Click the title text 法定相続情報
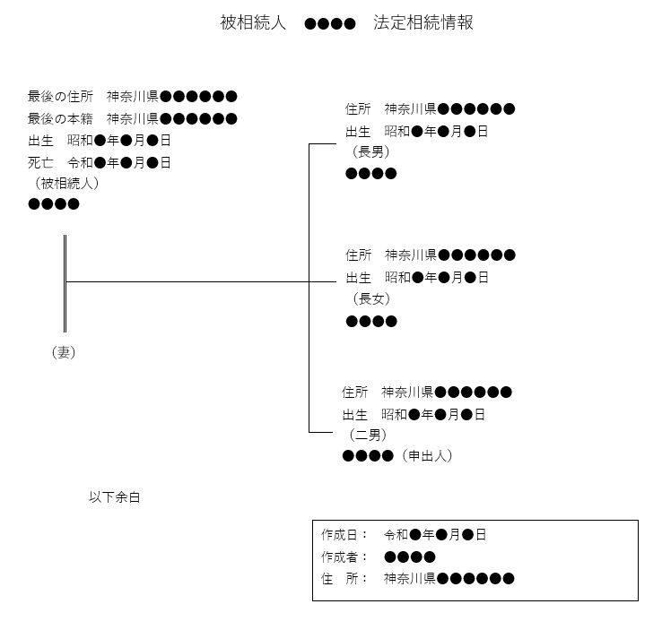point(423,22)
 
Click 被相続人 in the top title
point(253,22)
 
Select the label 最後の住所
point(60,97)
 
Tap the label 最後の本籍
point(60,119)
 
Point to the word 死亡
point(40,163)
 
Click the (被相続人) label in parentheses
point(66,184)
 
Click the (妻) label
point(64,352)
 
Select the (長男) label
point(370,151)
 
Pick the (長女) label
point(371,299)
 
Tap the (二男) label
point(368,435)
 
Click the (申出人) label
point(427,456)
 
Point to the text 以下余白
point(115,497)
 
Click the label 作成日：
point(344,535)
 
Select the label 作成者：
point(344,557)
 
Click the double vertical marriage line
point(65,283)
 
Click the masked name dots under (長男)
point(371,173)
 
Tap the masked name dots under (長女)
point(371,322)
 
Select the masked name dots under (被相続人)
point(54,204)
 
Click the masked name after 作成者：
point(410,557)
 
